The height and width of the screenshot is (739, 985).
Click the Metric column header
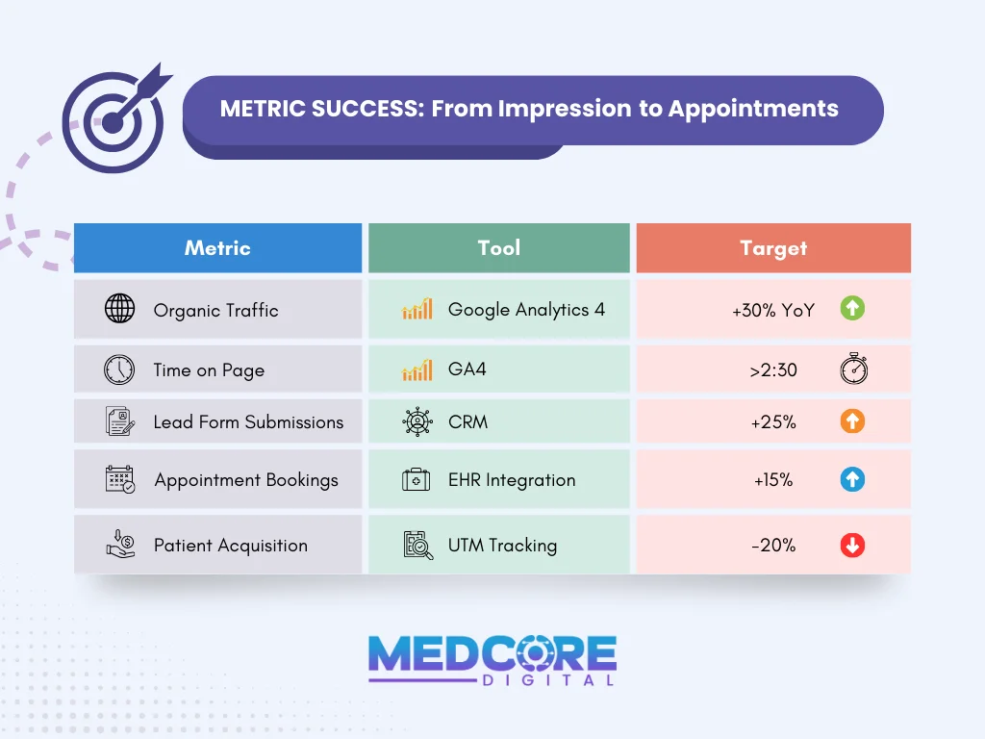(x=217, y=248)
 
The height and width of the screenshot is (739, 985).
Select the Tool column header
(x=498, y=248)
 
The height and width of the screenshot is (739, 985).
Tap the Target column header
(x=773, y=248)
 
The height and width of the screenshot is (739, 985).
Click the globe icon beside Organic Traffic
(x=119, y=310)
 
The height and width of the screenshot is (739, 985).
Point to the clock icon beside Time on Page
(x=119, y=369)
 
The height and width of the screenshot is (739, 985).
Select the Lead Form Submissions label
(x=248, y=422)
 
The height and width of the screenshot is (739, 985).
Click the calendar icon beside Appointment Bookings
(x=120, y=479)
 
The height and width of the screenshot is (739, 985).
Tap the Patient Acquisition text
(x=231, y=546)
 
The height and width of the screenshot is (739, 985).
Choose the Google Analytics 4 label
(x=526, y=310)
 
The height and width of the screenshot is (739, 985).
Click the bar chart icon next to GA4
(x=417, y=370)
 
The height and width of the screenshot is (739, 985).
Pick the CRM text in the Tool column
(x=467, y=422)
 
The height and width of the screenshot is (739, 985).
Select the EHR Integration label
(x=512, y=480)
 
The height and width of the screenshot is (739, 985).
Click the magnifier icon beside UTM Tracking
(x=417, y=545)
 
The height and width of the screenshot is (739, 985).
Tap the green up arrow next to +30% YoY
(x=852, y=309)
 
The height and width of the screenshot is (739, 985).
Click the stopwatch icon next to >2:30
(x=853, y=369)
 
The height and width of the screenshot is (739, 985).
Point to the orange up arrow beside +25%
(x=852, y=421)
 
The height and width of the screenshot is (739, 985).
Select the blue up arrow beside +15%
(x=852, y=479)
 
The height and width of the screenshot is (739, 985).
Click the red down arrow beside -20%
(x=852, y=546)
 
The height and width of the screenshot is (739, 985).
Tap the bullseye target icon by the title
(x=112, y=120)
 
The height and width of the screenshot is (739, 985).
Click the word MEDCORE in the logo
(x=492, y=653)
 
